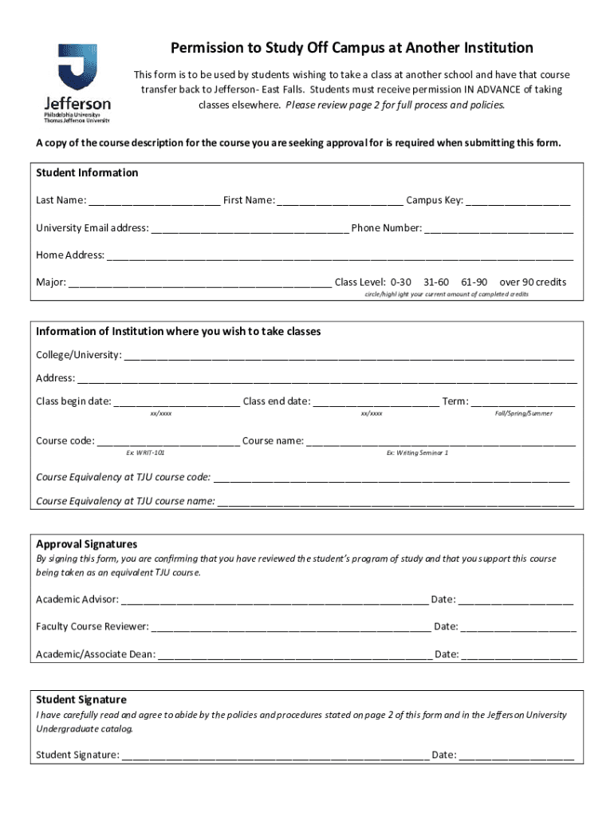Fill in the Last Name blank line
pyautogui.click(x=154, y=201)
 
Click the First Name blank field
pyautogui.click(x=340, y=201)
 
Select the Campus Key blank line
pyautogui.click(x=518, y=201)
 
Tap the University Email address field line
pyautogui.click(x=250, y=229)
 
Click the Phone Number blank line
pyautogui.click(x=498, y=229)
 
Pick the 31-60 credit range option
pyautogui.click(x=436, y=282)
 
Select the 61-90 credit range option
pyautogui.click(x=474, y=282)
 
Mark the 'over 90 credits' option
pyautogui.click(x=533, y=282)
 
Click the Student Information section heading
pyautogui.click(x=87, y=173)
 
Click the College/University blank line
pyautogui.click(x=348, y=355)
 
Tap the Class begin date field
pyautogui.click(x=176, y=402)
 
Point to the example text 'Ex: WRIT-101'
pyautogui.click(x=146, y=452)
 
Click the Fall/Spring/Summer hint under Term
pyautogui.click(x=523, y=413)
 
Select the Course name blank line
pyautogui.click(x=440, y=441)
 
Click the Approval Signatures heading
pyautogui.click(x=86, y=544)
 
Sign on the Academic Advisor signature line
pyautogui.click(x=274, y=600)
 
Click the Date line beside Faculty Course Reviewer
pyautogui.click(x=518, y=627)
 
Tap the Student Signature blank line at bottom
pyautogui.click(x=275, y=756)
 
